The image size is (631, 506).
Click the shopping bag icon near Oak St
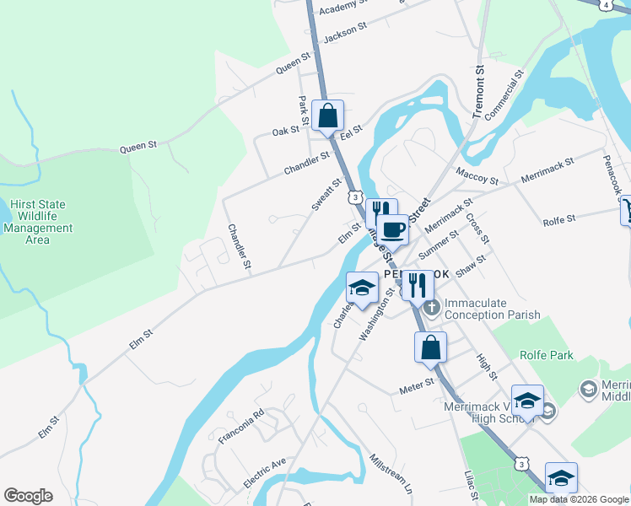(x=327, y=116)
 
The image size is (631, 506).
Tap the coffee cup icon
(x=392, y=229)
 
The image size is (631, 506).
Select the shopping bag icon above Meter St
(x=430, y=347)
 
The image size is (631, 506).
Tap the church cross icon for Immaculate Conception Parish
(x=432, y=306)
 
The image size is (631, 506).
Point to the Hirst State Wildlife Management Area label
(x=37, y=222)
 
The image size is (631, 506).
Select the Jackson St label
(x=345, y=32)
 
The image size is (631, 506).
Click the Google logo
(x=28, y=496)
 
